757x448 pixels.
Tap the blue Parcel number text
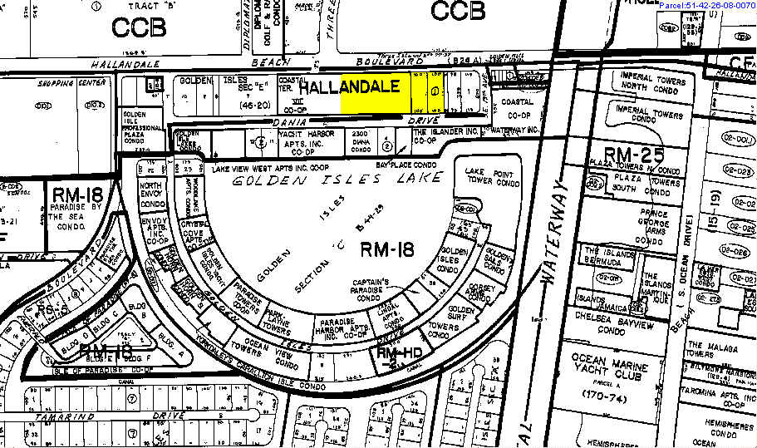(x=706, y=6)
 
